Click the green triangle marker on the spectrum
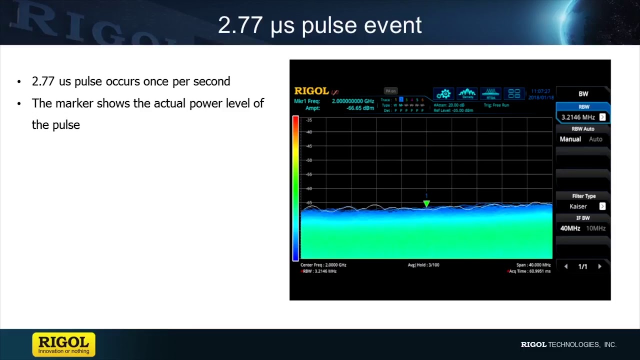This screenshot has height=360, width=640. [x=426, y=203]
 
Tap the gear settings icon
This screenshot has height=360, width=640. [x=443, y=94]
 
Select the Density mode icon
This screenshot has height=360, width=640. [x=467, y=93]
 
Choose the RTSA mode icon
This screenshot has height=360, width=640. [x=490, y=93]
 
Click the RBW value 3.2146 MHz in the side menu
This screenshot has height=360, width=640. [x=578, y=117]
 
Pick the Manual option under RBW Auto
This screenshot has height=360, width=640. [x=570, y=139]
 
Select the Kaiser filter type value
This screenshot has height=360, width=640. [x=578, y=206]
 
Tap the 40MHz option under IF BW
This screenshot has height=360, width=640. [x=570, y=228]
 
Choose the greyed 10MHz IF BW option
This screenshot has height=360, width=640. [x=595, y=228]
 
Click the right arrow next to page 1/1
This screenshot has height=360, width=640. [x=599, y=266]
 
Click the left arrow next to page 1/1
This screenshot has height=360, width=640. [x=566, y=266]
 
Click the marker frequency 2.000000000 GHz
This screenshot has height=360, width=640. [x=352, y=101]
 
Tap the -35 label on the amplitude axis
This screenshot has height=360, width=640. [x=309, y=120]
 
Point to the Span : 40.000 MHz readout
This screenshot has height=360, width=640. [x=533, y=265]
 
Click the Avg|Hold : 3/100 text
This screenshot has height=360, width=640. [x=423, y=265]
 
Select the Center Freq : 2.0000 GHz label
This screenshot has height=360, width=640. [x=323, y=265]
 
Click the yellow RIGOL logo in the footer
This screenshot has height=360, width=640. [x=63, y=344]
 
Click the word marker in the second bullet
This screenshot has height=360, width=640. [x=74, y=103]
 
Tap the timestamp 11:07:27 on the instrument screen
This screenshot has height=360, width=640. [x=540, y=91]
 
